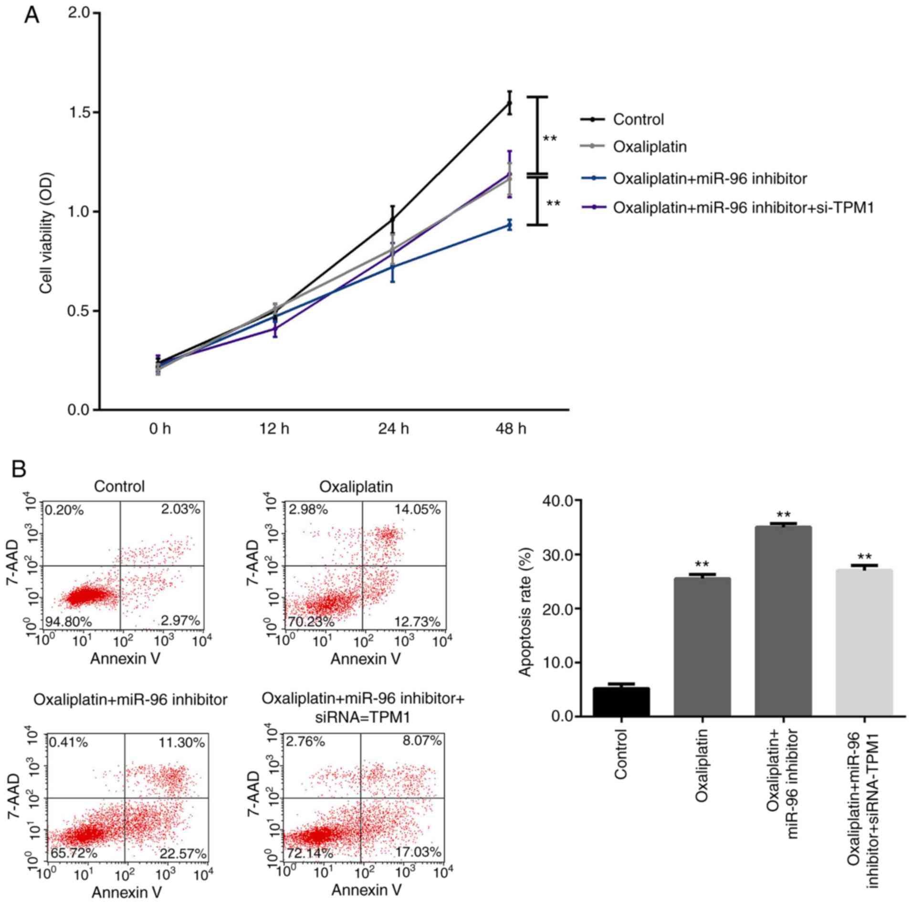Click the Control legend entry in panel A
coord(638,119)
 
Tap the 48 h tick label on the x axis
coord(510,429)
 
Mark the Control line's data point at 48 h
coord(510,103)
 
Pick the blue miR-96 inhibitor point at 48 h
coord(510,225)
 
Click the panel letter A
coord(32,15)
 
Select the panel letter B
coord(19,469)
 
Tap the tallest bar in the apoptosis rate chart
coord(783,621)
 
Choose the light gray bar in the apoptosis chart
coord(864,642)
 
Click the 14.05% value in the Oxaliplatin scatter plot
coord(418,510)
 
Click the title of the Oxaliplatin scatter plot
coord(356,487)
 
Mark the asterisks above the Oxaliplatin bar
coord(702,564)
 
